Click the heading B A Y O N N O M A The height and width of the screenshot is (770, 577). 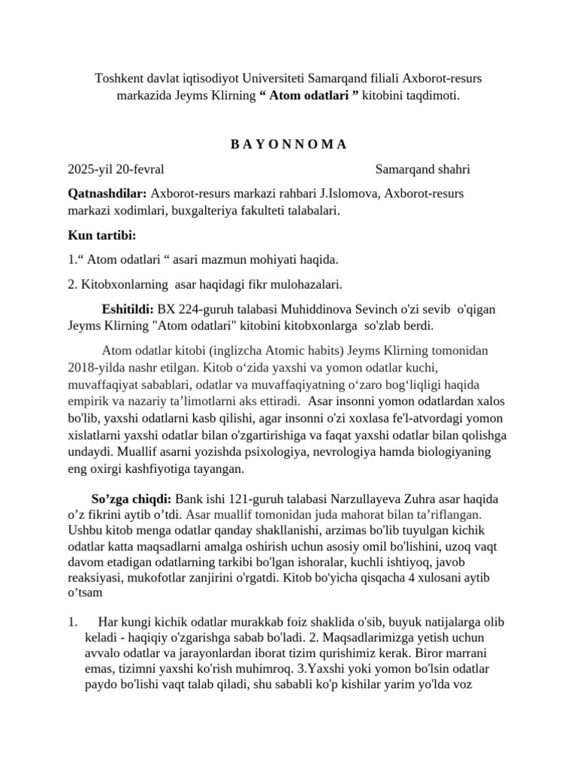point(288,144)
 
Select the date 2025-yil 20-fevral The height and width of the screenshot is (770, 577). point(116,169)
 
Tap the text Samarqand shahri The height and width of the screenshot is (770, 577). point(422,169)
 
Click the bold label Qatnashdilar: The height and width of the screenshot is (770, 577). point(107,194)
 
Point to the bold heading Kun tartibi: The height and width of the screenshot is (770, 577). point(101,235)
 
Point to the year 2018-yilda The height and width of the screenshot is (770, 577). point(95,368)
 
